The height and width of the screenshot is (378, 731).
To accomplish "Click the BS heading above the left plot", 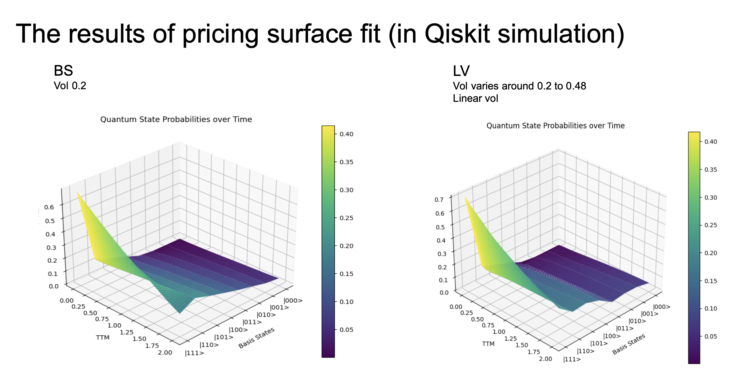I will coord(63,71).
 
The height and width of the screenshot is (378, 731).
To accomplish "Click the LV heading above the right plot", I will coord(461,71).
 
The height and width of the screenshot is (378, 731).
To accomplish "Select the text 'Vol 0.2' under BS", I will coord(70,86).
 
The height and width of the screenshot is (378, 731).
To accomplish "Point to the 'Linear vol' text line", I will coord(475,98).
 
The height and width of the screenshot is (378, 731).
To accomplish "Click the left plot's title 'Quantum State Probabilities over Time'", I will coord(176,119).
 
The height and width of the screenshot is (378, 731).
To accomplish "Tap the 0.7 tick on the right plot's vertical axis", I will coord(439,200).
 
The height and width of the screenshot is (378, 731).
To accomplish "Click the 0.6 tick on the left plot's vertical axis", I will coord(49,207).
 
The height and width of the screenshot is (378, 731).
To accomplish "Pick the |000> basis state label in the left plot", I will coord(293,301).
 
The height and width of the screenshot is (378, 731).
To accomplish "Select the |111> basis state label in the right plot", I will coord(572,359).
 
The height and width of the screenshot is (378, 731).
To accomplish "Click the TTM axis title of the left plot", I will coord(103,337).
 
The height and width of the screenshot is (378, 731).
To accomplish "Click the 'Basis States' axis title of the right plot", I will coord(629,344).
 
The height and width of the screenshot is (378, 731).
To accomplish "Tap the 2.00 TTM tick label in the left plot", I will coord(165,353).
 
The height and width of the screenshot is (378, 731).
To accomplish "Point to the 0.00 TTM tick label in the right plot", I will coord(456,307).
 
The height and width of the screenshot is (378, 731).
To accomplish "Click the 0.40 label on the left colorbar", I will coord(346,134).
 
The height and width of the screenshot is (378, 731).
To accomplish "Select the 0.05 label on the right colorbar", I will coord(711,336).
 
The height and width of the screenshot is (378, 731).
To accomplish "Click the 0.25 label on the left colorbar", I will coord(346,218).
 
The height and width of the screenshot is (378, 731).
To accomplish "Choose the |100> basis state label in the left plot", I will coord(238,330).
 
